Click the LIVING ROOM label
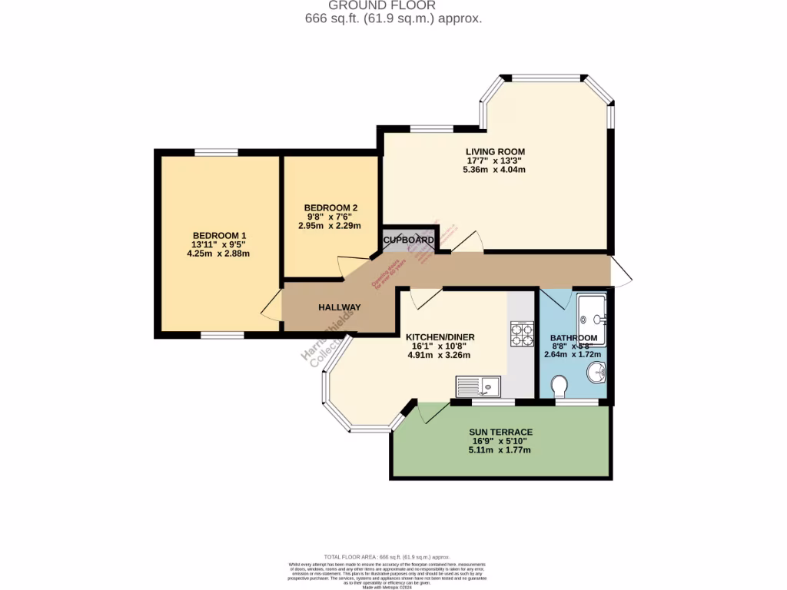click(495, 151)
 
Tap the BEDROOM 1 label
click(219, 235)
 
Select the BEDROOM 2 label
click(330, 207)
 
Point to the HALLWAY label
click(340, 307)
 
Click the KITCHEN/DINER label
click(440, 337)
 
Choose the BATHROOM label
click(573, 338)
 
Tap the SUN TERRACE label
click(500, 432)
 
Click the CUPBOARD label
click(409, 240)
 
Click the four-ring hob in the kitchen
click(522, 334)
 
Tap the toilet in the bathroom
click(560, 384)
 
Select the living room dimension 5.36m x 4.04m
click(495, 170)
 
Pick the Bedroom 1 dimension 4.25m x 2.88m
click(219, 254)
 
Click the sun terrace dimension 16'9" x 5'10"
click(500, 441)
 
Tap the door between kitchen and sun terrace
click(432, 411)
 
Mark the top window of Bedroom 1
click(215, 152)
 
